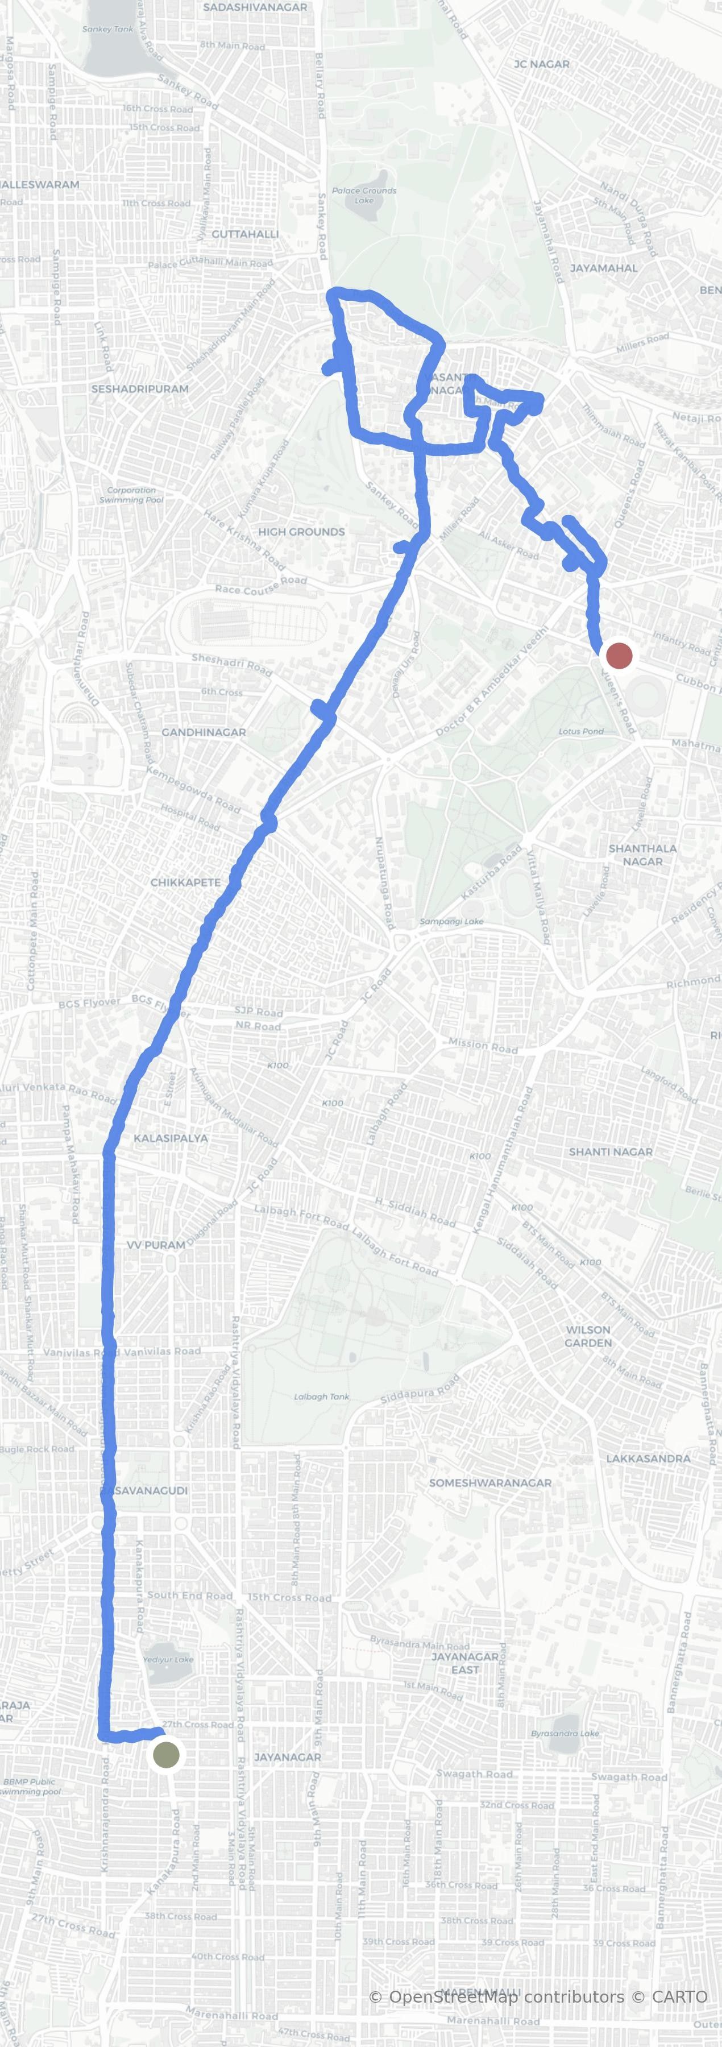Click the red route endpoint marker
pos(619,656)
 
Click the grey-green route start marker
pos(166,1754)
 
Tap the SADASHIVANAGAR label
pos(255,7)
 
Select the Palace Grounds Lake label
pos(364,194)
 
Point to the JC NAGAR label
pos(542,64)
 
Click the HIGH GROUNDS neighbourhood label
pos(301,532)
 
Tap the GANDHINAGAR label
pos(204,732)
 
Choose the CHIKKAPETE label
pos(185,882)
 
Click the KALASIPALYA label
pos(171,1138)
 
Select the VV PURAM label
pos(156,1245)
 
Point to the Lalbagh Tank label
pos(322,1396)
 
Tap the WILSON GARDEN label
pos(588,1336)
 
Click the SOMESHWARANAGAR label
pos(490,1483)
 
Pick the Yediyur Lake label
pos(168,1659)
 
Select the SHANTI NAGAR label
pos(610,1151)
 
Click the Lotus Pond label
pos(580,731)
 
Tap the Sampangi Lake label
pos(451,922)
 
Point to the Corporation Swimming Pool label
pos(131,495)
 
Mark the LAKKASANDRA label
pos(648,1458)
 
